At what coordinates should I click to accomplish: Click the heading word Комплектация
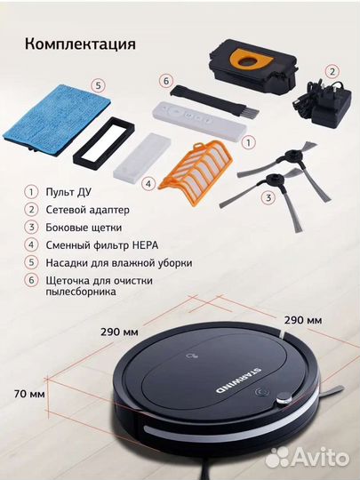click(80, 44)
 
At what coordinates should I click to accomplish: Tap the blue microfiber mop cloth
click(58, 119)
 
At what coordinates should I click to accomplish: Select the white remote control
click(199, 121)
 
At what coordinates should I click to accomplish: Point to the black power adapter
click(324, 103)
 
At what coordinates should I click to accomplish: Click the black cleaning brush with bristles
click(214, 100)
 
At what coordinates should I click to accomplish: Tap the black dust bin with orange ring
click(253, 68)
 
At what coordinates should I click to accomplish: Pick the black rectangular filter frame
click(104, 143)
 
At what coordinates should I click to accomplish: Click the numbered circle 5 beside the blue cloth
click(98, 85)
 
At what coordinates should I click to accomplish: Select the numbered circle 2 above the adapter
click(332, 72)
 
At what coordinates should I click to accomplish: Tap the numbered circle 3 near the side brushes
click(268, 197)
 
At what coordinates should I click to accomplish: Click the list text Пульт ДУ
click(68, 192)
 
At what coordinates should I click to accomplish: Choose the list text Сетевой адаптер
click(87, 210)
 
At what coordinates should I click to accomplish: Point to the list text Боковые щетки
click(84, 228)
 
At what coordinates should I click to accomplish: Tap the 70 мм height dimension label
click(29, 394)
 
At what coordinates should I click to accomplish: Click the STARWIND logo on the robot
click(237, 380)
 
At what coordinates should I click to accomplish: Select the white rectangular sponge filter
click(141, 156)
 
